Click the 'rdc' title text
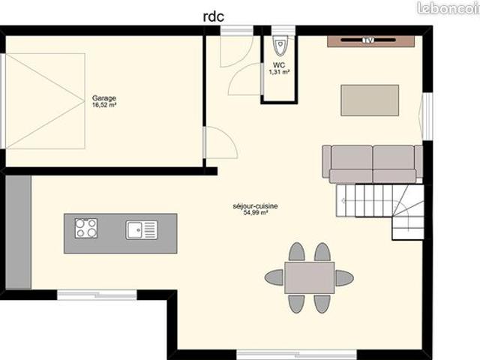click(213, 16)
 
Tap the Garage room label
click(104, 98)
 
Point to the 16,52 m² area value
click(104, 105)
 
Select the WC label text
click(279, 65)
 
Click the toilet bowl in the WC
click(280, 46)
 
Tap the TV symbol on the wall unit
click(368, 40)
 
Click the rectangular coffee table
click(370, 100)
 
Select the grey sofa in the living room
click(372, 164)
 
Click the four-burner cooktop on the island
click(86, 228)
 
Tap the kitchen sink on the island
click(142, 230)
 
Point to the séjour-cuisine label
click(255, 206)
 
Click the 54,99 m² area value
click(256, 213)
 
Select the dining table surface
click(310, 277)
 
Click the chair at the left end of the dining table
click(274, 277)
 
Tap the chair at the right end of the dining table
click(345, 278)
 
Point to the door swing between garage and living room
click(221, 142)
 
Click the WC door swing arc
click(245, 79)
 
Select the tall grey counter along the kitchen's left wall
click(18, 232)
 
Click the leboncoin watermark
click(448, 8)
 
